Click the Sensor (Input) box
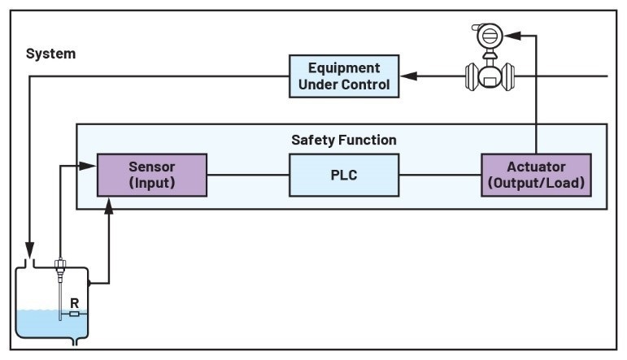click(152, 175)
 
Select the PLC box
click(344, 175)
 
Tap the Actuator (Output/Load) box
click(534, 175)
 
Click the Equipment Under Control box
click(344, 76)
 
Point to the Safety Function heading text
click(344, 140)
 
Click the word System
click(50, 54)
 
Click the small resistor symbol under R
click(74, 313)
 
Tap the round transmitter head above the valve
click(490, 36)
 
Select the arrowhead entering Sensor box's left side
click(91, 166)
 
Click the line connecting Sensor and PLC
click(248, 175)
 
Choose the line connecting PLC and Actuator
click(440, 175)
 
